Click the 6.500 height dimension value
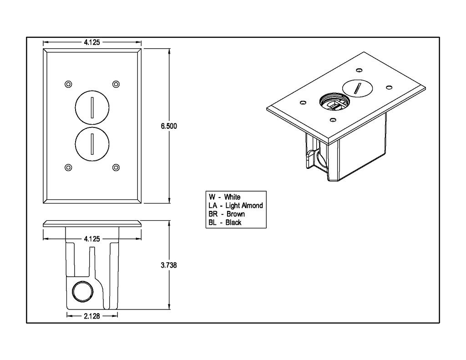point(168,127)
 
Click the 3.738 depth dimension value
point(168,266)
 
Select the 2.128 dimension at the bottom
point(92,315)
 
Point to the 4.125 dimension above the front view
point(92,42)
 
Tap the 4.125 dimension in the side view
point(92,238)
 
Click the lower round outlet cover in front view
point(92,144)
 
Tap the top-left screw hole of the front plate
point(68,84)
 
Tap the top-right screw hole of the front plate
point(116,84)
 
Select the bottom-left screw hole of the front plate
point(68,167)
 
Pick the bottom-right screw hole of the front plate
point(116,167)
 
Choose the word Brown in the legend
point(235,214)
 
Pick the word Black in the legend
point(233,223)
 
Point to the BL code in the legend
point(212,223)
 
